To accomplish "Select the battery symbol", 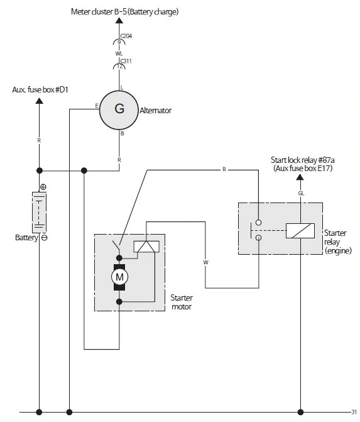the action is tap(39, 213).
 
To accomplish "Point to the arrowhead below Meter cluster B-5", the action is tap(119, 21).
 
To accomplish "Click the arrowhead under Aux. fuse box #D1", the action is tap(39, 101).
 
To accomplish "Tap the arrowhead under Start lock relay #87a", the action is tap(300, 177).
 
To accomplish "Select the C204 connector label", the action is tap(126, 36).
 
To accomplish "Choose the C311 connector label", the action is tap(126, 61).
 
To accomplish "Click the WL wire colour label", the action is tap(119, 53).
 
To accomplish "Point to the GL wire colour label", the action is tap(301, 193).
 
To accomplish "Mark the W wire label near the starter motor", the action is tap(205, 262).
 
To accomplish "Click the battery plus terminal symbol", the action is tap(43, 187).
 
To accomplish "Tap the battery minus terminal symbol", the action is tap(45, 238).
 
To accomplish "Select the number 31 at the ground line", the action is tap(354, 412).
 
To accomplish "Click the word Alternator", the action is tap(155, 110).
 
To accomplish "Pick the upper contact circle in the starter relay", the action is tap(258, 223).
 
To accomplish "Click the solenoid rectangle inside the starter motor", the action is tap(146, 247).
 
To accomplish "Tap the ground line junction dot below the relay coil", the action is tap(300, 412).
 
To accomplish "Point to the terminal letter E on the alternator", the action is tap(97, 106).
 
